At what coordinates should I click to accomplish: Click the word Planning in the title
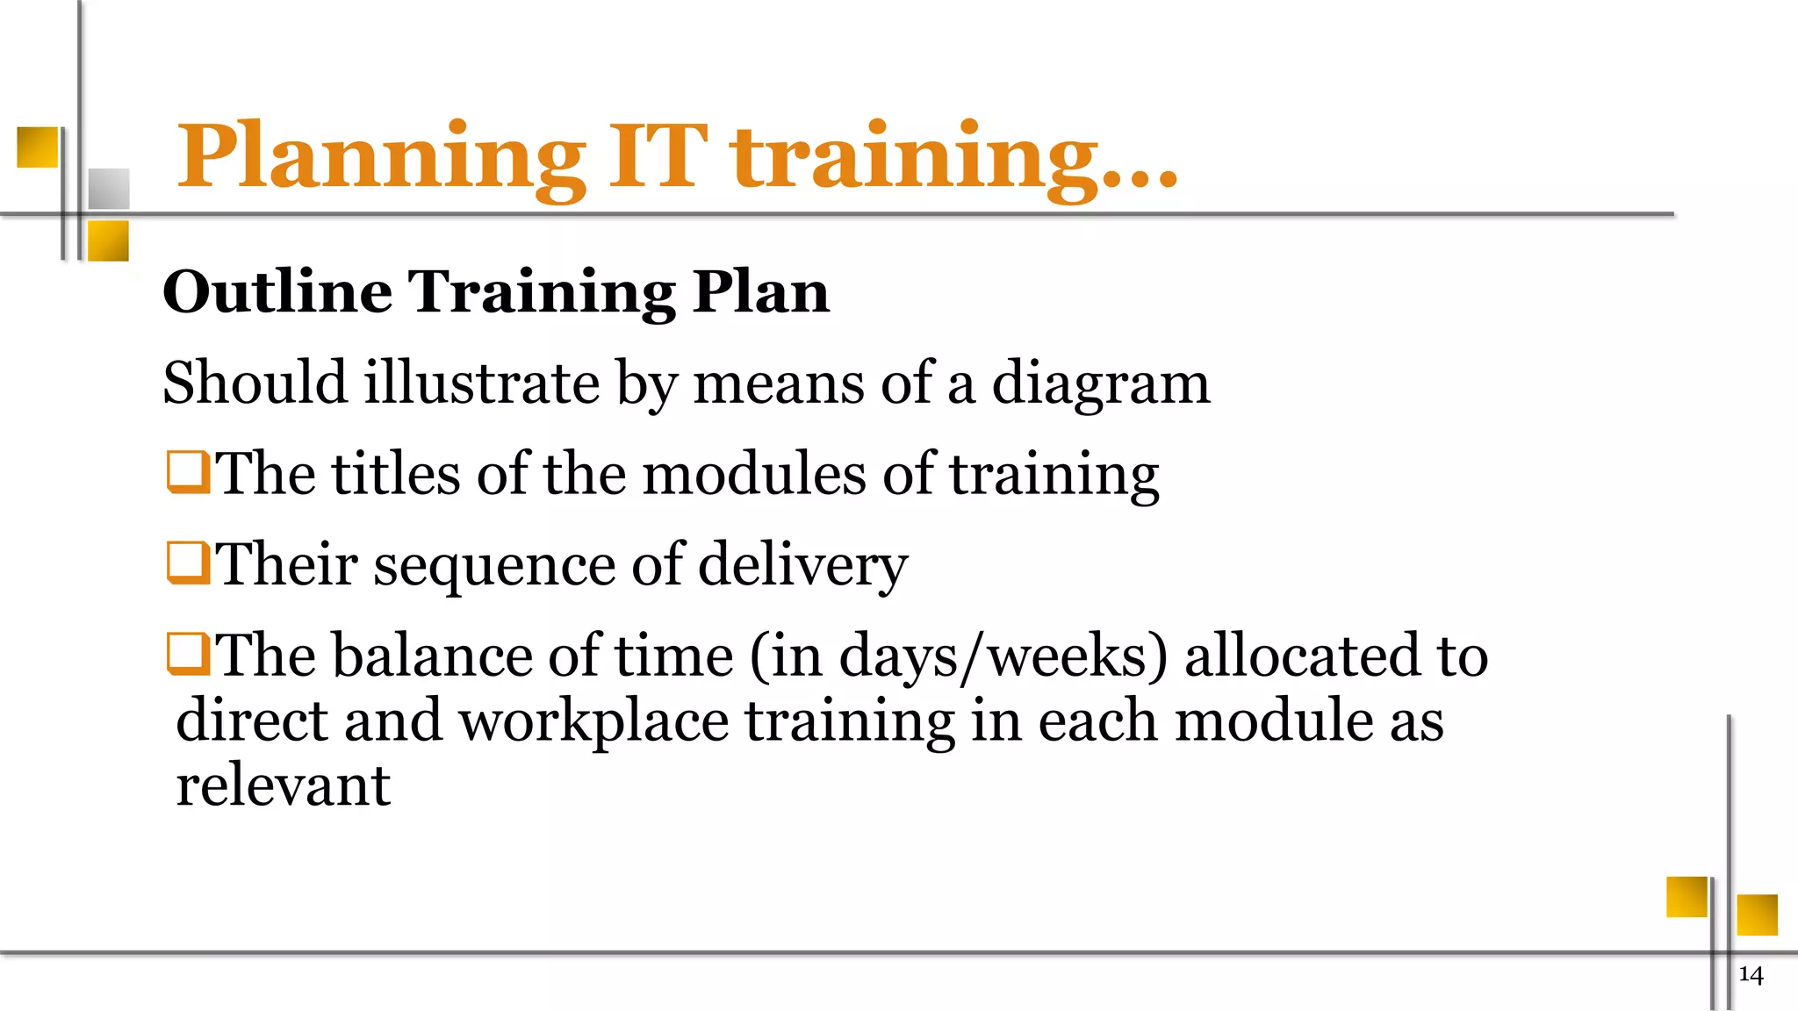tap(381, 158)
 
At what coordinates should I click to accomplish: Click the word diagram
tap(1101, 384)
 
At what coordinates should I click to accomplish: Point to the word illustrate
tap(481, 383)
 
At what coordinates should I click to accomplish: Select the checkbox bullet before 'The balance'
tap(188, 654)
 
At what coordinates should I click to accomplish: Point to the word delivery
tap(802, 564)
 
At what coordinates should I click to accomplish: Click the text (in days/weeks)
tap(959, 656)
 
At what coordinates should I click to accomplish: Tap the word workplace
tap(593, 721)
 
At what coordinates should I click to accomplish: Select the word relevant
tap(283, 785)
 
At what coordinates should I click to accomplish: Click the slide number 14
tap(1751, 975)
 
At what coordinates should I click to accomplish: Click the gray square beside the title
tap(109, 189)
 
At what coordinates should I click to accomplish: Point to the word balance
tap(432, 656)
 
